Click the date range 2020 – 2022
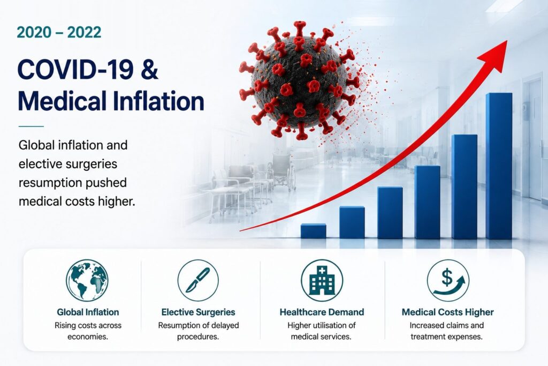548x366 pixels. tap(59, 33)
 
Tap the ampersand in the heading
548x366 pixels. tap(150, 69)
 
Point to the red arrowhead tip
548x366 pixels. tap(507, 41)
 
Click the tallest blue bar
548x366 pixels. tap(499, 166)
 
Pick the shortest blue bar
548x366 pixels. tap(314, 231)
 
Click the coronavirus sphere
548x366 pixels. tap(299, 80)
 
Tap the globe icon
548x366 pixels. tap(87, 280)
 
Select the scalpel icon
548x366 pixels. tap(198, 280)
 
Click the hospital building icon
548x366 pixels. tap(322, 280)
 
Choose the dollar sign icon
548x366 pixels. tap(448, 280)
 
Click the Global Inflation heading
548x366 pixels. tap(88, 312)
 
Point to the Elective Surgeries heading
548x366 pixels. tap(198, 312)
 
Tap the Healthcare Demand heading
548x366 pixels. tap(322, 312)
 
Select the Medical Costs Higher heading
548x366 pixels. tap(448, 312)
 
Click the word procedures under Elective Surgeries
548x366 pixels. tap(198, 337)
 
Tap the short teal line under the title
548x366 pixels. tap(31, 126)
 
